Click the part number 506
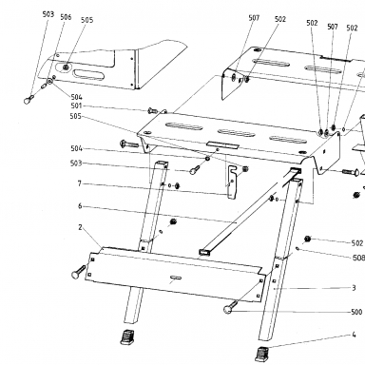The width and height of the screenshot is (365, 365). (66, 17)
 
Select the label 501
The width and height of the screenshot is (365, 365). (76, 106)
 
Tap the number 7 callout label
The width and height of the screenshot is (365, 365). (80, 183)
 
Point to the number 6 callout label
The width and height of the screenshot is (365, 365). (80, 206)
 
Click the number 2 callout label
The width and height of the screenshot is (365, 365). (81, 227)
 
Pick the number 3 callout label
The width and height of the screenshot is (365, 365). (354, 288)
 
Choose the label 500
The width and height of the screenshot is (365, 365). (356, 312)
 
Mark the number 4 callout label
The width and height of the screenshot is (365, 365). (354, 335)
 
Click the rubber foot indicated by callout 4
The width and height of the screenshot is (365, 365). (261, 354)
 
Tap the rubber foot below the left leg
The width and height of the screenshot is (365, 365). (127, 337)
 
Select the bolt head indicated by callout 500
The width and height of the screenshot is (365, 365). (228, 310)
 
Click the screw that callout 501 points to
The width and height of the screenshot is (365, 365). (152, 110)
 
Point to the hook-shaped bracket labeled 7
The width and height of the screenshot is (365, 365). (233, 182)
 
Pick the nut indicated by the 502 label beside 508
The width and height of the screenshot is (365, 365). (307, 239)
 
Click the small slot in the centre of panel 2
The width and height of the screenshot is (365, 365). (175, 278)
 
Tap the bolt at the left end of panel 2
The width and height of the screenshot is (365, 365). (79, 272)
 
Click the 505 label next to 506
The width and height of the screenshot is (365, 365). (87, 20)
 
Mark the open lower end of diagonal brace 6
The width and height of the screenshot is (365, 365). (203, 252)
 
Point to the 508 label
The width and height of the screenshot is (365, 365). (358, 258)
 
